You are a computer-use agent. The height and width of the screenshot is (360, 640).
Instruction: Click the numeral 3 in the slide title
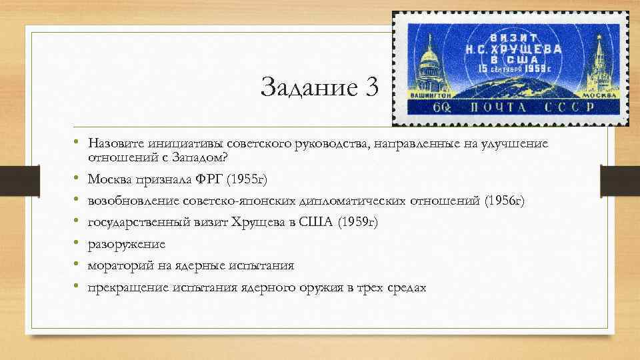tap(370, 87)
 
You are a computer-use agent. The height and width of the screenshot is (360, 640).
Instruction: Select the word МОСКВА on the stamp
tap(593, 96)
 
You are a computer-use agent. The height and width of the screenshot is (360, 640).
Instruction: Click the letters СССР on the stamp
tap(573, 108)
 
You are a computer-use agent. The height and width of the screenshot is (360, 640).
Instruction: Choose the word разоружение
tap(127, 244)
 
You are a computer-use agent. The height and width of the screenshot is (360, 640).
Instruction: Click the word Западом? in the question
tap(198, 157)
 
